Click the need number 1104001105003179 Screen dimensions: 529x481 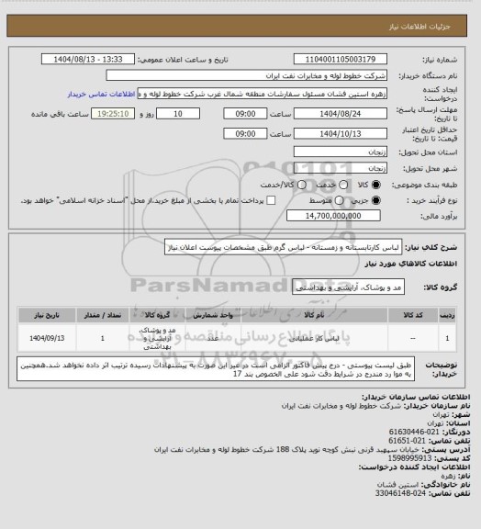point(329,59)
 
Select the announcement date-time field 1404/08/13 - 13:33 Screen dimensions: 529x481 point(90,59)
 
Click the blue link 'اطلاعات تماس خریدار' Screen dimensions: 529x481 point(102,94)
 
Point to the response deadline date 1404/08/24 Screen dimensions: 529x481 point(329,113)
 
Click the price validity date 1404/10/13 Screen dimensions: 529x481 point(329,133)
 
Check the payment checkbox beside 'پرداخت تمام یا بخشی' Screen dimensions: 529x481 point(271,174)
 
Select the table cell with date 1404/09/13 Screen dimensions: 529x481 point(45,339)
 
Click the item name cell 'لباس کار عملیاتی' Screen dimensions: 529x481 point(291,339)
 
